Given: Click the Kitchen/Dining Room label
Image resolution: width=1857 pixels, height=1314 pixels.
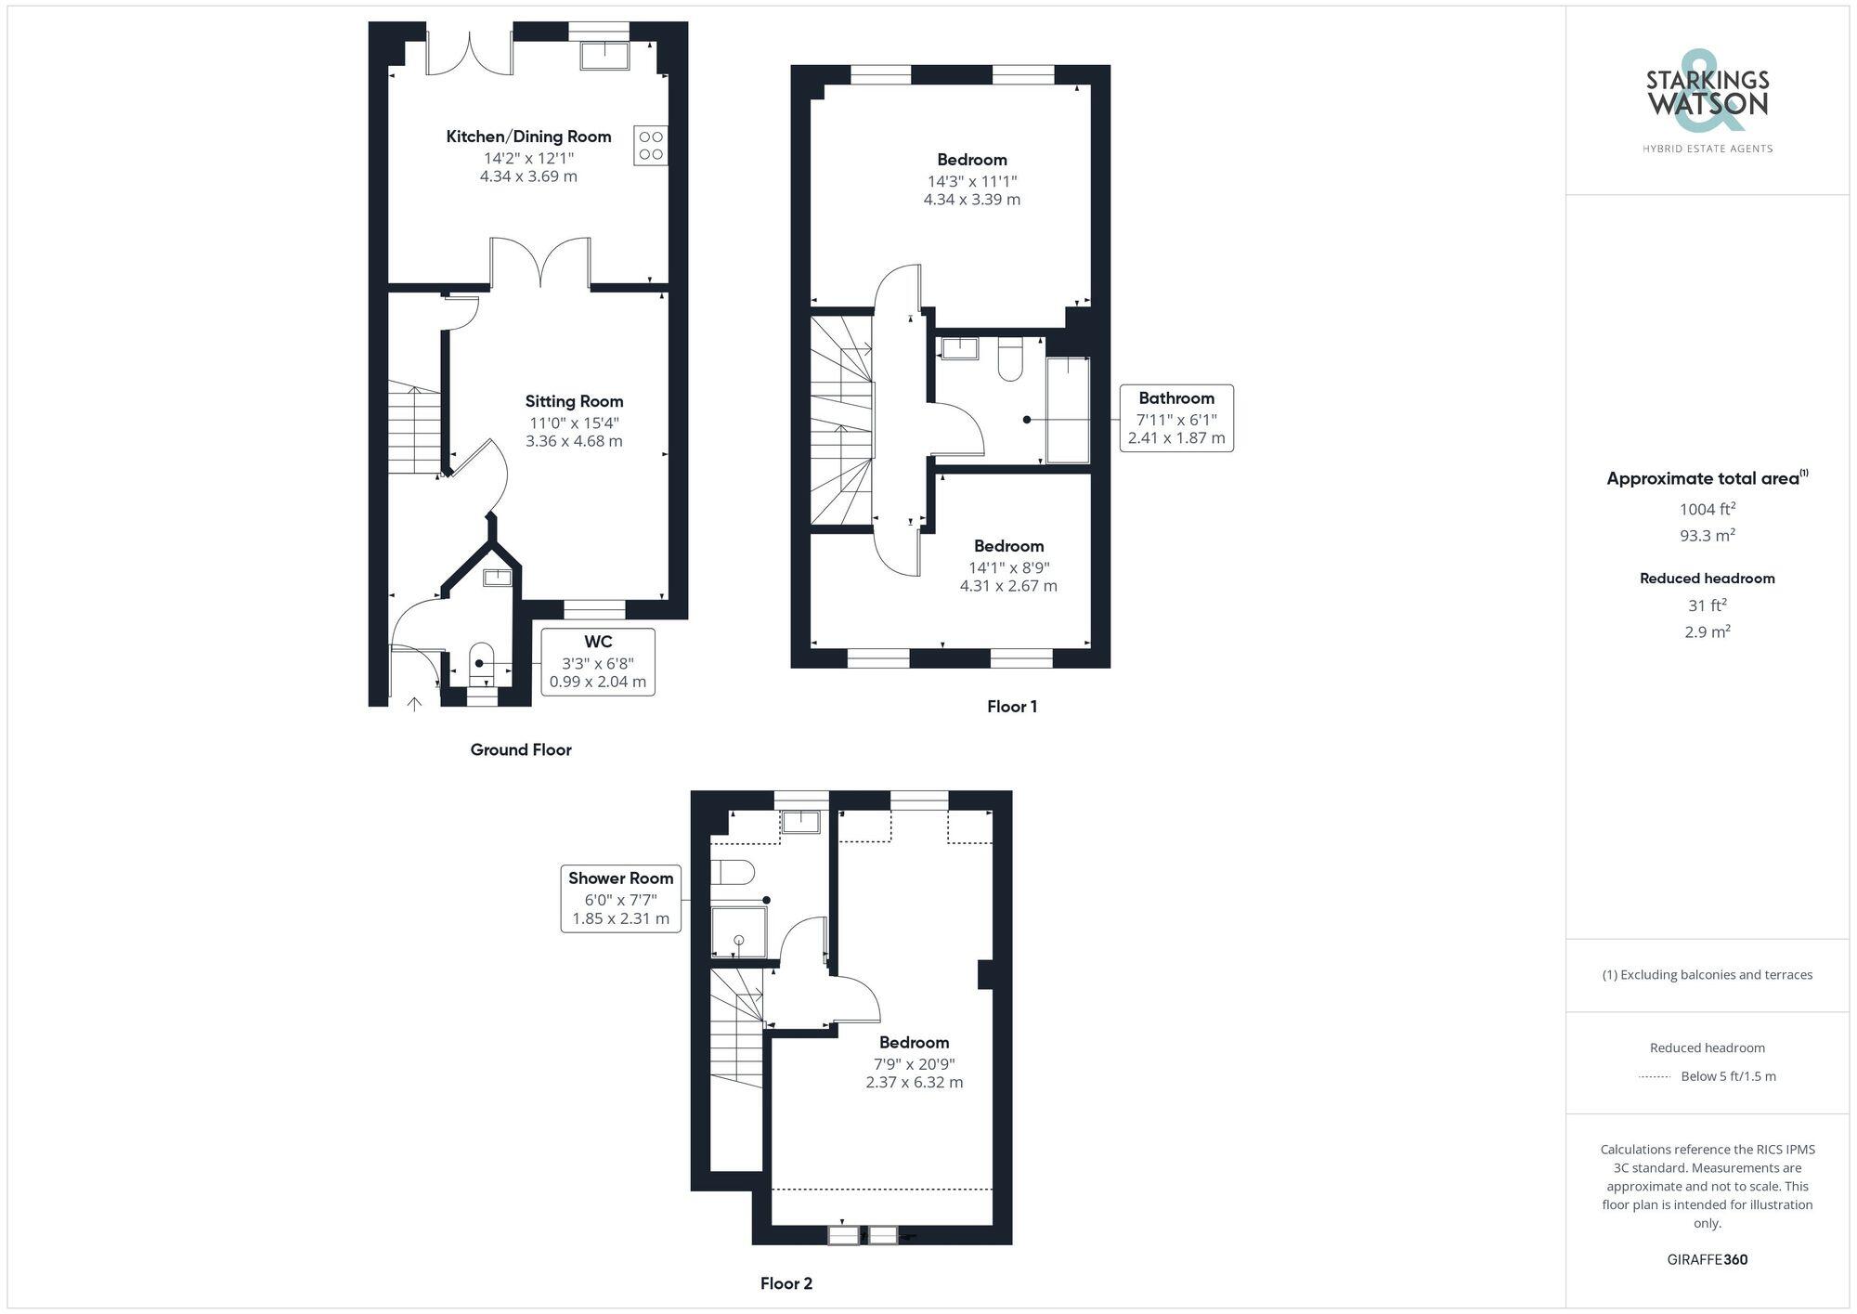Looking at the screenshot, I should pos(528,137).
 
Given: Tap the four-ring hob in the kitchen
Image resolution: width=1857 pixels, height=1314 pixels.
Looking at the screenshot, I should pos(651,146).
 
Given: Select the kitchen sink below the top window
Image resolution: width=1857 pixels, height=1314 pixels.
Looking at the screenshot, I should pos(604,56).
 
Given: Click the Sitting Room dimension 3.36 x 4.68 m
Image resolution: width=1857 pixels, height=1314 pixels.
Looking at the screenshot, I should pos(574,441).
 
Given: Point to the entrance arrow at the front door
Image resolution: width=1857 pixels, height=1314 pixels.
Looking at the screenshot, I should pos(414,703).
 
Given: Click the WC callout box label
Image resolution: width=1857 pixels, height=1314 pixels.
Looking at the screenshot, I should pos(598,642).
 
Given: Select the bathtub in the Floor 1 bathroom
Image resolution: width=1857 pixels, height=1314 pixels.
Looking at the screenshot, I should pos(1068,410).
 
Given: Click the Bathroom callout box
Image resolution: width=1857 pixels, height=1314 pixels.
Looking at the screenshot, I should pos(1176,418).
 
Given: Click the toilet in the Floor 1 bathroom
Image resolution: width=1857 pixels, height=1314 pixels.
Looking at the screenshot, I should pos(1010,360).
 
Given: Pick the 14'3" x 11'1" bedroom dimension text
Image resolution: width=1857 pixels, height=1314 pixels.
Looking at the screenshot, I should pos(972,181).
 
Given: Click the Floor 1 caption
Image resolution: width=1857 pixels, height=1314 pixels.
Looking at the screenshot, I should pos(1012,707).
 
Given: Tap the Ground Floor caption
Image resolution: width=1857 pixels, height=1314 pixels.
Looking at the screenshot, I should pos(521,749).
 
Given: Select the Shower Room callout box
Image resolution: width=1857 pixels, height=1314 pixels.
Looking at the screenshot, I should pos(620,898).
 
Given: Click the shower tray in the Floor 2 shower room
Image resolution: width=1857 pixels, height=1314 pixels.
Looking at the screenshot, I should pos(739,932).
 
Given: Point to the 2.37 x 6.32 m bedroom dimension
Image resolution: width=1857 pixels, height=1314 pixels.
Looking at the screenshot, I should pos(914,1083).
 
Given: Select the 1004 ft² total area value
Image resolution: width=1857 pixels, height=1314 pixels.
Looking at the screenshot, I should pos(1707,509).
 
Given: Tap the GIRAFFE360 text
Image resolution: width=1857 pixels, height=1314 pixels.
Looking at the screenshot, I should pos(1707,1260).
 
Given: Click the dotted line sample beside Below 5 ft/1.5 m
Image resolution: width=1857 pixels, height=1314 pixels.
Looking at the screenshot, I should pos(1655,1077).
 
